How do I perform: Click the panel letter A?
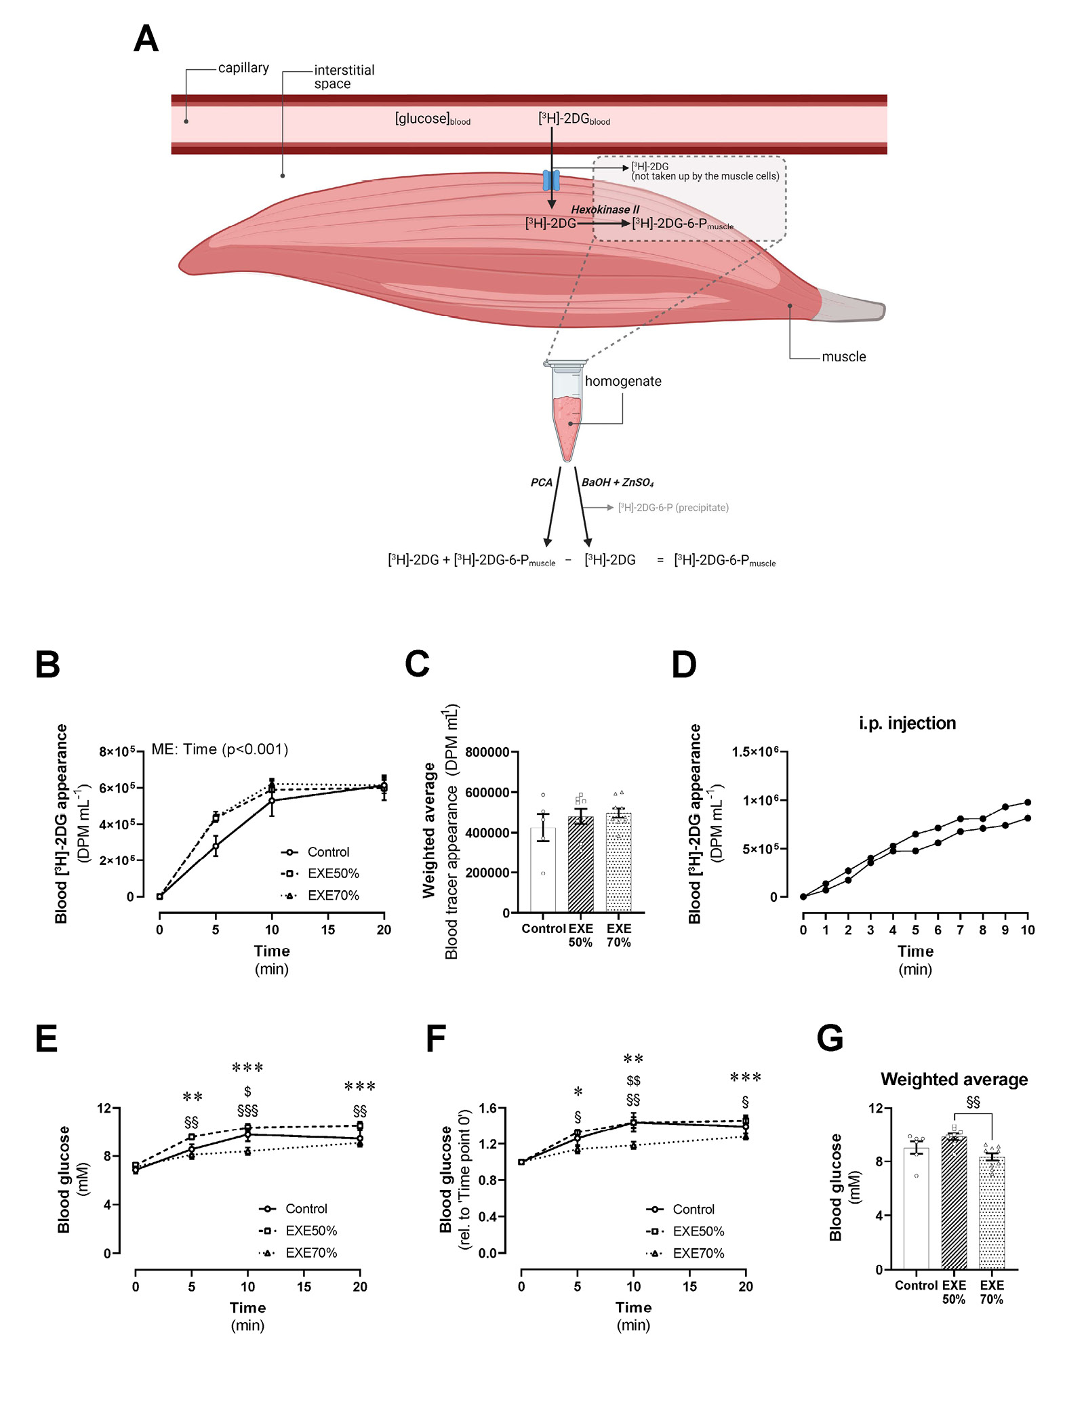pos(146,39)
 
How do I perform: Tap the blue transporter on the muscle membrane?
pos(551,180)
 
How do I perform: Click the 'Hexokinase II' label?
pos(605,210)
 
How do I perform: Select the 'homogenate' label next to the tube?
pos(623,381)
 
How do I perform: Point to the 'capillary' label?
pos(243,68)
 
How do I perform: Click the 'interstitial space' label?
pos(344,77)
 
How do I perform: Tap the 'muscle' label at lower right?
pos(843,357)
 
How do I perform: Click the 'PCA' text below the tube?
pos(541,482)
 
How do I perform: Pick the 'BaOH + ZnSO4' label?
pos(618,482)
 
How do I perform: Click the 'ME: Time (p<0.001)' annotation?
pos(220,749)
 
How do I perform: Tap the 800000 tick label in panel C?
pos(487,752)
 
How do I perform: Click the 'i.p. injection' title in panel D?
pos(907,723)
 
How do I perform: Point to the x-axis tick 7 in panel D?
pos(960,930)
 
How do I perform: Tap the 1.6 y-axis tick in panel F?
pos(487,1109)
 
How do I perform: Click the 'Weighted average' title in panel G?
pos(954,1079)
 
